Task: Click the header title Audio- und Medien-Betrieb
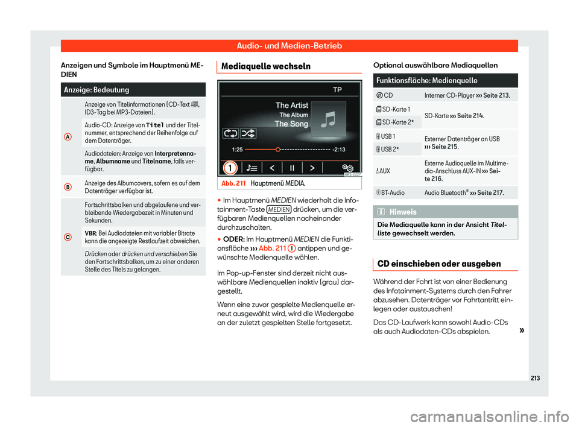pos(289,46)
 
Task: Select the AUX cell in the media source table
pos(384,171)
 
